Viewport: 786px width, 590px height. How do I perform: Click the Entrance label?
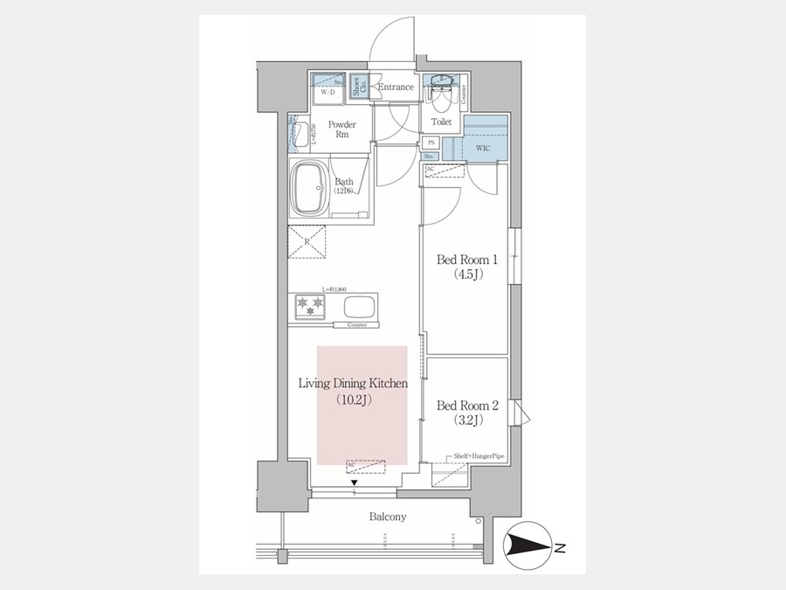pos(396,87)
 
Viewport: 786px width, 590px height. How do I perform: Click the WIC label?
pos(482,149)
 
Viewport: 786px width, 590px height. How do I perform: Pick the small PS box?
pos(431,142)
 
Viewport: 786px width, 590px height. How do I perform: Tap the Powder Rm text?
pos(341,130)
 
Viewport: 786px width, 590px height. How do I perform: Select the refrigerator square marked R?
pos(307,242)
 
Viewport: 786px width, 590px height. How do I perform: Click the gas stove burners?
pos(311,305)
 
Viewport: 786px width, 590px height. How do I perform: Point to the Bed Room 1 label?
pos(466,260)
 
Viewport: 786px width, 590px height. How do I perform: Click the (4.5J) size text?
pos(466,274)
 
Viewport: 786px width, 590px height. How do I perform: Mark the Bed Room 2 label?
pos(466,406)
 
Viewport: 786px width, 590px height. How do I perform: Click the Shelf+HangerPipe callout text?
pos(478,456)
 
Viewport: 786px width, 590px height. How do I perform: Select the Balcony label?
pos(388,517)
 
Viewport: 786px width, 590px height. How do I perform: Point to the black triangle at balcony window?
pos(355,482)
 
